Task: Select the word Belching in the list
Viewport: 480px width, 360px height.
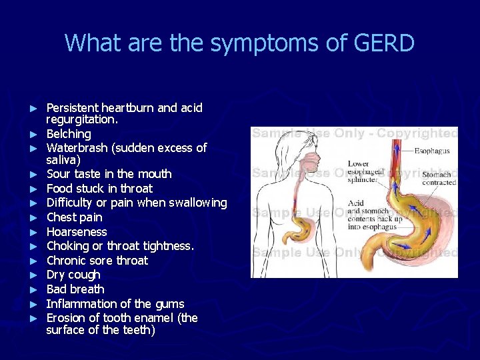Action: tap(69, 133)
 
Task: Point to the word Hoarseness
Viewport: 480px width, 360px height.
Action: tap(77, 232)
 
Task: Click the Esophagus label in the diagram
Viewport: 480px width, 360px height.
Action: tap(432, 151)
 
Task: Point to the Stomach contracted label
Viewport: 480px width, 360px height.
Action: tap(439, 178)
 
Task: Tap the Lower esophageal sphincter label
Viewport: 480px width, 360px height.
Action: tap(365, 171)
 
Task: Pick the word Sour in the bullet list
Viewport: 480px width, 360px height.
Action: tap(59, 174)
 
